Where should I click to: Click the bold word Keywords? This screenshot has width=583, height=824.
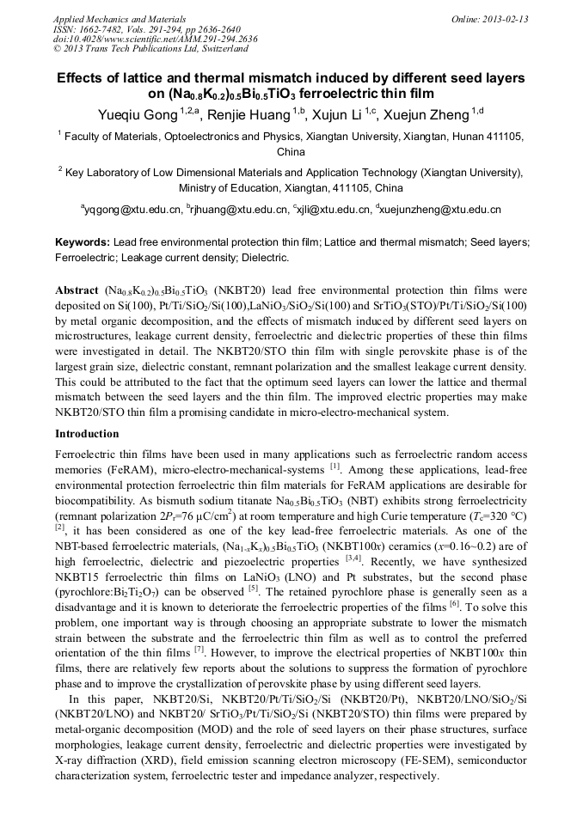pyautogui.click(x=82, y=243)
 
